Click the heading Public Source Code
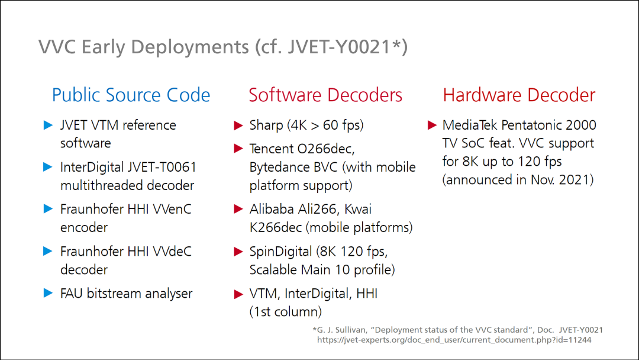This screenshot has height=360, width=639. coord(131,95)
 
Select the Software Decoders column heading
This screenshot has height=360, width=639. coord(325,95)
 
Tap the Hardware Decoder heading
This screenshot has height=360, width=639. coord(519,95)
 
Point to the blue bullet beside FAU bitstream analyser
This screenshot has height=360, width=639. coord(48,293)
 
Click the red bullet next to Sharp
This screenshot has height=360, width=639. coord(238,125)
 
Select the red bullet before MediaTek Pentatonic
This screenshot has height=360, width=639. coord(432,125)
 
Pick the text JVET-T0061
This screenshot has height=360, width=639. coord(162,167)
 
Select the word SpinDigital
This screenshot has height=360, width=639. coord(281,252)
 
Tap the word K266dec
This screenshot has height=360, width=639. coord(276,227)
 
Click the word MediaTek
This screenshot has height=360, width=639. coord(470,125)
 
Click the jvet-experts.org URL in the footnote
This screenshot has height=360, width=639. coord(454,340)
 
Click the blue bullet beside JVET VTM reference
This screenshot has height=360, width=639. coord(48,125)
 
